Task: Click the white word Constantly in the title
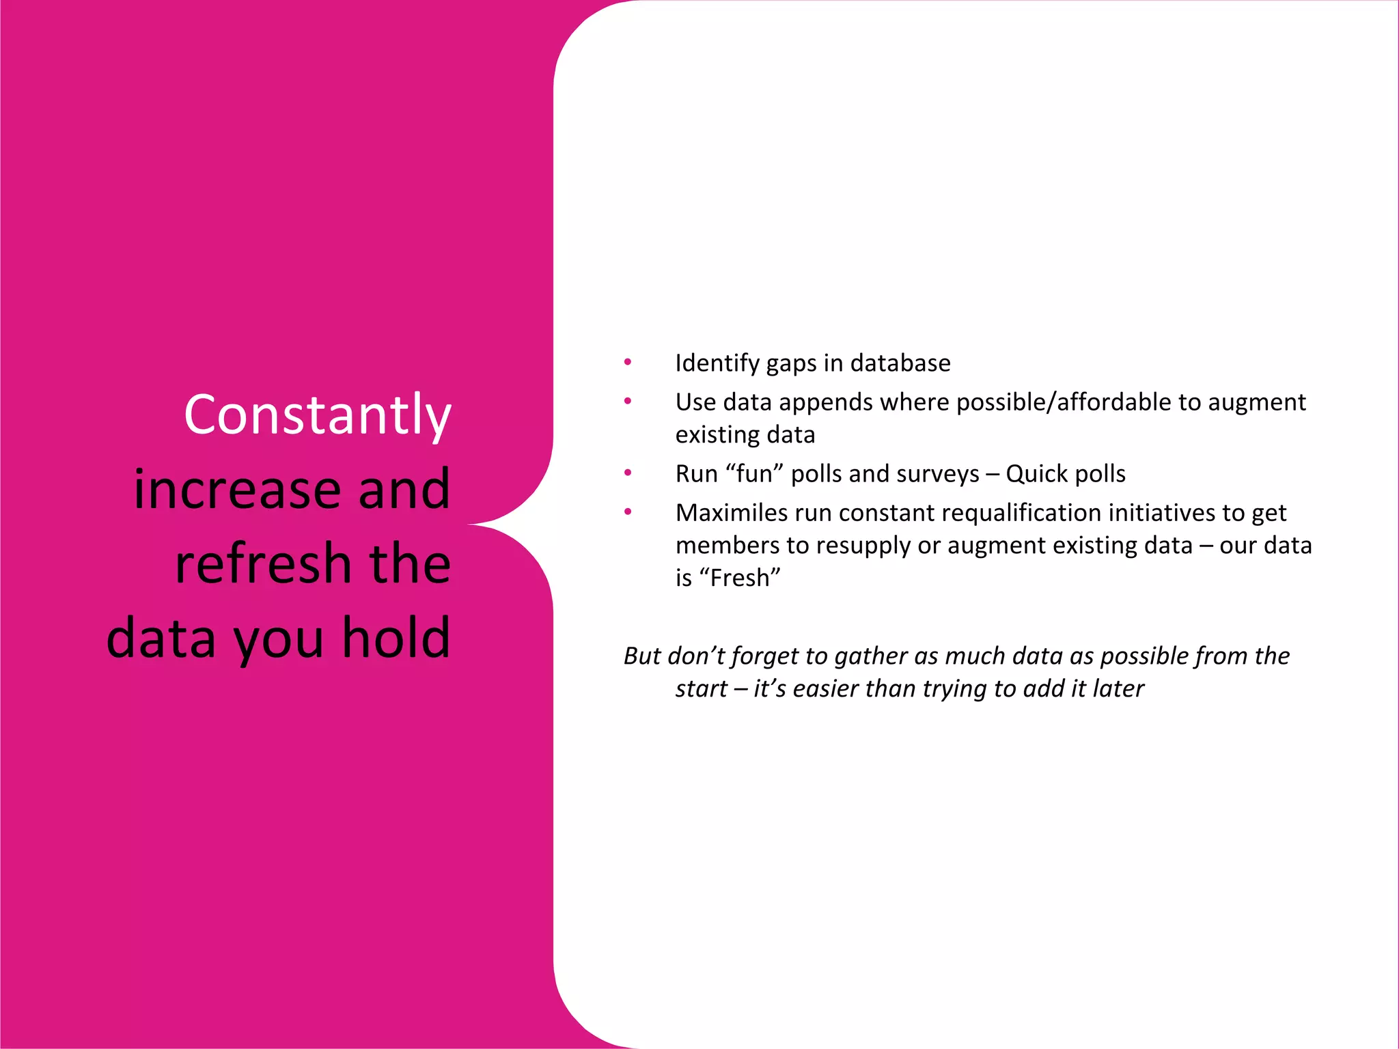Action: coord(318,415)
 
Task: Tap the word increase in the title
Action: coord(236,490)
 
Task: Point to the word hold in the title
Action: coord(396,638)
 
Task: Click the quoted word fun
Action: coord(755,474)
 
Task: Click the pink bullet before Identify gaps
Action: coord(627,362)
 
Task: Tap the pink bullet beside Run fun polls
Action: coord(627,473)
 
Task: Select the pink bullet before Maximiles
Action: coord(627,512)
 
